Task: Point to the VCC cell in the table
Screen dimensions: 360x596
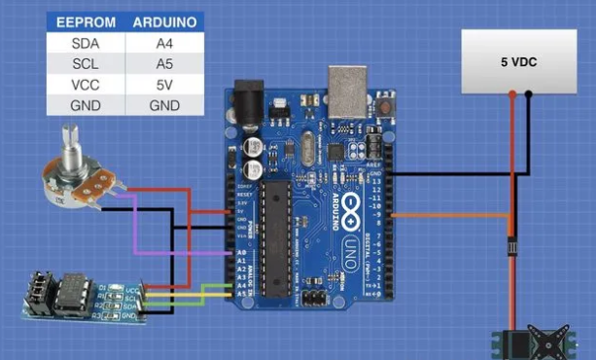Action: pos(86,86)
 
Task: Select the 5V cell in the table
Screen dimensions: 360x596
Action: pos(164,86)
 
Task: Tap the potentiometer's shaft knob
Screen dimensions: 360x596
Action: pos(69,141)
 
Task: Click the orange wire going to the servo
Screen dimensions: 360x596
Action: pos(457,214)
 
